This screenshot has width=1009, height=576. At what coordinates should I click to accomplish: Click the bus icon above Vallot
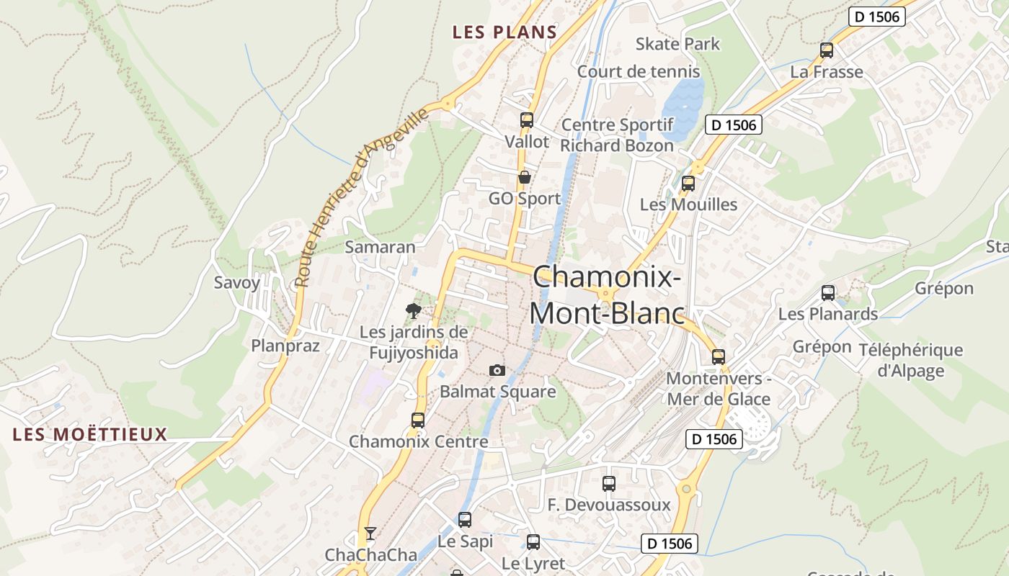coord(527,120)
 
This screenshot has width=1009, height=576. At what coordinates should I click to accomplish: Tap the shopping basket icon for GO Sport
coord(525,176)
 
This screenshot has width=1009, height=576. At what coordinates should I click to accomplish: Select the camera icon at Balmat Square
coord(497,370)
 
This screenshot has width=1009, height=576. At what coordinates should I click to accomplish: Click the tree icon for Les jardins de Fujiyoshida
coord(414,311)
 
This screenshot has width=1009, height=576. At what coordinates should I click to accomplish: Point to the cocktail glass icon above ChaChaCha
coord(370,534)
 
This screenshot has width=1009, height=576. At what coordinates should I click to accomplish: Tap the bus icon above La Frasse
coord(827,50)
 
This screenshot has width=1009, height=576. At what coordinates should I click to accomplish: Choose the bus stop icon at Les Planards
coord(828,293)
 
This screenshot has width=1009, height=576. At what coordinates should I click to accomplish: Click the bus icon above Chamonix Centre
coord(418,420)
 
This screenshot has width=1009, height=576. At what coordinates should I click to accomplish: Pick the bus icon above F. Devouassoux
coord(609,483)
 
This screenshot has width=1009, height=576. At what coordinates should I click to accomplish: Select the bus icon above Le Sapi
coord(465,519)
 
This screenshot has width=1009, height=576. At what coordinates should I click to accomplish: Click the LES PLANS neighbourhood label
coord(504,32)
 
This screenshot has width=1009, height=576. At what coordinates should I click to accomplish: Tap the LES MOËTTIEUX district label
coord(90,434)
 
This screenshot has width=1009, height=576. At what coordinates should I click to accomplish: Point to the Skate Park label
coord(677,44)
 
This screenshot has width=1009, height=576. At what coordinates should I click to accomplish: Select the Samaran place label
coord(380,247)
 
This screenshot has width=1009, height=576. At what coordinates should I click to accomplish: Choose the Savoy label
coord(237,282)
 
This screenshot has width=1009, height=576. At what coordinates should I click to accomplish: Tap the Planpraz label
coord(285,346)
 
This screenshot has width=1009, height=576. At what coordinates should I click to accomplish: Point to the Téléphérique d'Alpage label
coord(910,360)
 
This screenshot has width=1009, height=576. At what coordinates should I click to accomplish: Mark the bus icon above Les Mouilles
coord(688,183)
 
